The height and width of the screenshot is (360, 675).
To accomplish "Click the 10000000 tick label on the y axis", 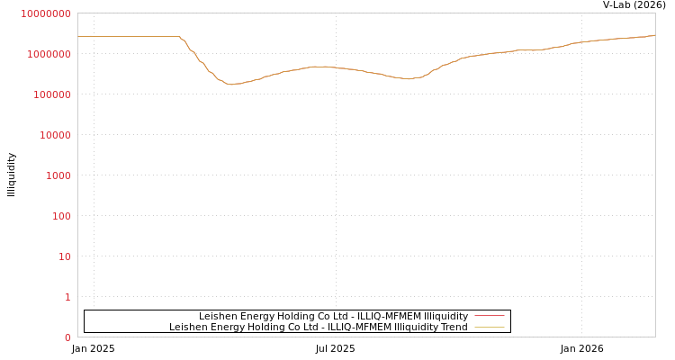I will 45,14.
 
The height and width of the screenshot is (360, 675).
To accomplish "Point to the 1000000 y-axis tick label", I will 48,55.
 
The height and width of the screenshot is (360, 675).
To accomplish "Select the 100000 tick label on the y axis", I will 50,95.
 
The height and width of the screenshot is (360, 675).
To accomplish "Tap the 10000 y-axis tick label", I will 53,136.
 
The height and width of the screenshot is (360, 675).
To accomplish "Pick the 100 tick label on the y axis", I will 59,217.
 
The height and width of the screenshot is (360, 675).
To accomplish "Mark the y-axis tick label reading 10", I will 63,257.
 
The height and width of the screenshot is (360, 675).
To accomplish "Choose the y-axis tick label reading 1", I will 67,298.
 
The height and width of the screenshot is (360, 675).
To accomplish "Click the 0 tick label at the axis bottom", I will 67,337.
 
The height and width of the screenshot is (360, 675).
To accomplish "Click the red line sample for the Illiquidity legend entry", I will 489,316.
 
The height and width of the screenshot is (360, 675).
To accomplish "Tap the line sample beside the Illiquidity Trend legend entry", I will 489,327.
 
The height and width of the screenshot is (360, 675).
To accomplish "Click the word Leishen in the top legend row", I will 217,316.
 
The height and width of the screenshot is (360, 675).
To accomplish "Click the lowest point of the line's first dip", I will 231,85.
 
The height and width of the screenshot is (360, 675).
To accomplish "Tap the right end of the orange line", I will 655,35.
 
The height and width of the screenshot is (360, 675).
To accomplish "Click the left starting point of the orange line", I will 78,37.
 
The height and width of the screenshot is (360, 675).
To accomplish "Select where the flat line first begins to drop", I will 178,37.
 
